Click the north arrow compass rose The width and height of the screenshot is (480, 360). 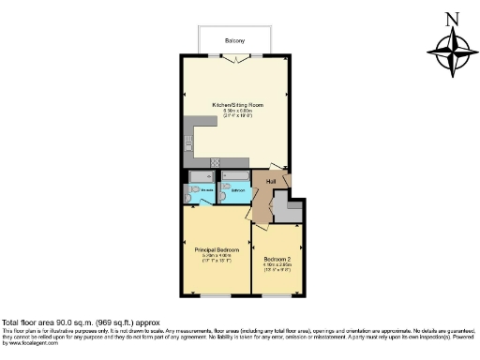coord(452,52)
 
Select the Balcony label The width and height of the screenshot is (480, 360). coord(234,41)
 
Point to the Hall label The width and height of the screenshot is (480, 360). coord(271,181)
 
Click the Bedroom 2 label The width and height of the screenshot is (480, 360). coord(277,259)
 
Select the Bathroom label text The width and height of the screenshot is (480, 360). coord(237,190)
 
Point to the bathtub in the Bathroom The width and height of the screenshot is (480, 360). coord(235,176)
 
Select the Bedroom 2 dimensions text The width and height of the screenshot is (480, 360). coord(277,267)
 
